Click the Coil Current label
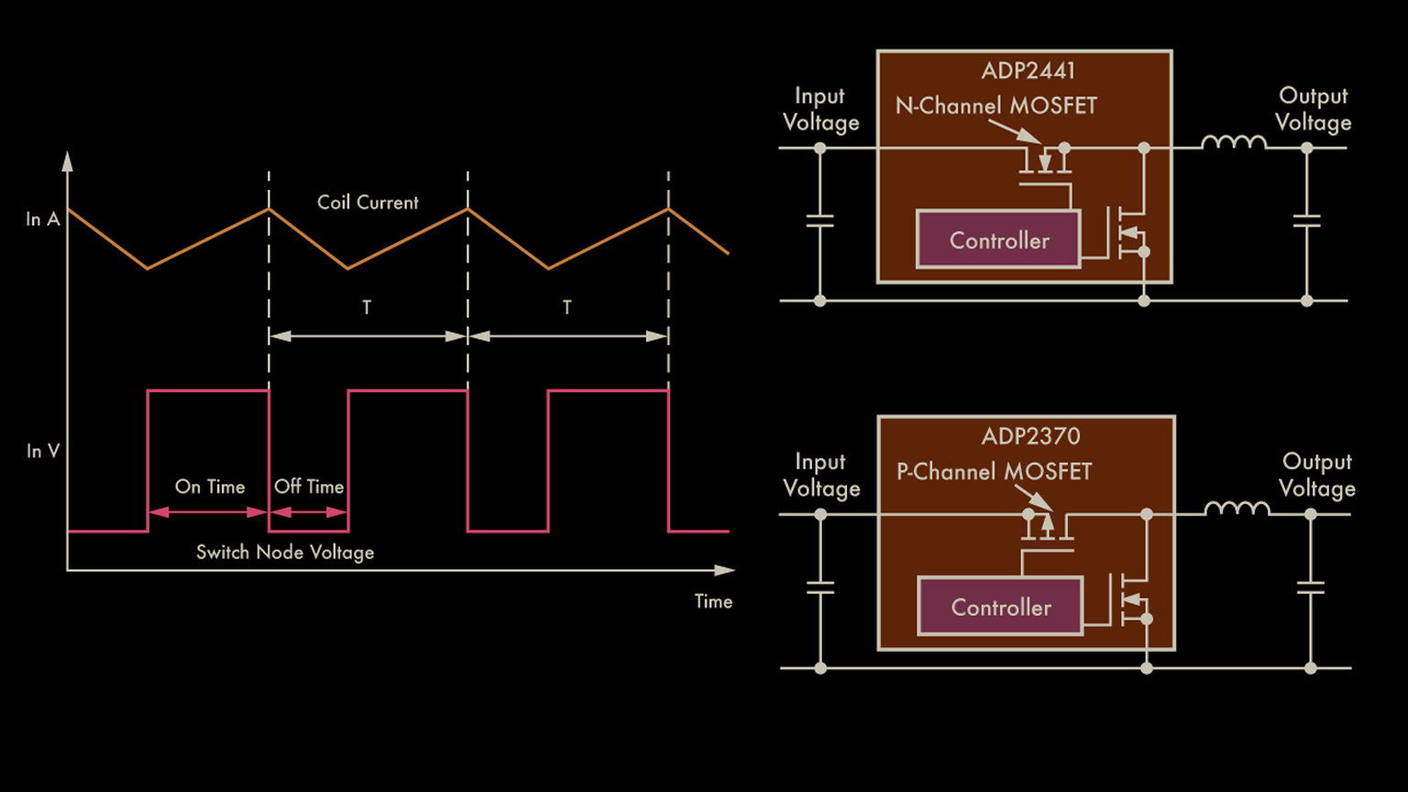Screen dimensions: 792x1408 click(368, 203)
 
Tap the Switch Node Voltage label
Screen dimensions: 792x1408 click(285, 552)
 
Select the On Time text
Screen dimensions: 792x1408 click(210, 487)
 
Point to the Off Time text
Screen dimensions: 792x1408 click(309, 487)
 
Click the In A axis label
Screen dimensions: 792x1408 click(42, 219)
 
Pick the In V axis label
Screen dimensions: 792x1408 click(42, 451)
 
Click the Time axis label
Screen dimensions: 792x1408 click(713, 601)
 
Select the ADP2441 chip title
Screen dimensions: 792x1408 click(1028, 71)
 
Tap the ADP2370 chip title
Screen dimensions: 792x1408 click(1030, 436)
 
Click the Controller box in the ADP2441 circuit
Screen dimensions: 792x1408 click(999, 240)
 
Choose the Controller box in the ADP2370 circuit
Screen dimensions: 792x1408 click(1001, 607)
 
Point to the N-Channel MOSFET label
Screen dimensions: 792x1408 click(995, 106)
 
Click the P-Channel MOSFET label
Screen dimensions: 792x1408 click(994, 472)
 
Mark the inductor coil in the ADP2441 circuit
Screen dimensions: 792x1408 click(1233, 142)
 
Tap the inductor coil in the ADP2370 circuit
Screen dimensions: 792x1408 click(1237, 509)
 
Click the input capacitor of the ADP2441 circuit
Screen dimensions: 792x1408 click(819, 221)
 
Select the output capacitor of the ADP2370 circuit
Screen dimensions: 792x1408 click(1311, 588)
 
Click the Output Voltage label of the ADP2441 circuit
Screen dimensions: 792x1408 click(1313, 109)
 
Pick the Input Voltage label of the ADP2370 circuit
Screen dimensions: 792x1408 click(821, 475)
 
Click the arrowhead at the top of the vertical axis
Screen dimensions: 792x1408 click(67, 162)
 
